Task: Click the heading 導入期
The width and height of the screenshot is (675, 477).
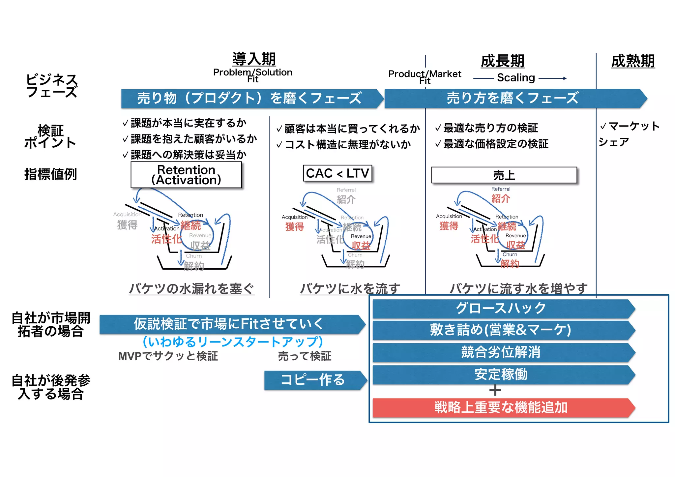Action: [x=254, y=59]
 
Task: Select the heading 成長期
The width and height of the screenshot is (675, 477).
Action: [x=502, y=61]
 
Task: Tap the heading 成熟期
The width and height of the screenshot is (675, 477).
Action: [x=633, y=61]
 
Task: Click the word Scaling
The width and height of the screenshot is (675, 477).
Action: [x=516, y=78]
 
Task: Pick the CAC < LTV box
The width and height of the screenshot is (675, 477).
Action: [x=337, y=173]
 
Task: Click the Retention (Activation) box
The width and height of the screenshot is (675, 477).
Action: [x=186, y=175]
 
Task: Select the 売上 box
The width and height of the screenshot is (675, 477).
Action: [x=504, y=175]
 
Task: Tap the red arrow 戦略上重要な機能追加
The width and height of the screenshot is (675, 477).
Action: [x=501, y=408]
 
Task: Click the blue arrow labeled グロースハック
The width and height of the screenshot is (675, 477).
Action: [x=501, y=309]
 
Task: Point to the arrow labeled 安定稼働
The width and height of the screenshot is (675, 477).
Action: [x=501, y=374]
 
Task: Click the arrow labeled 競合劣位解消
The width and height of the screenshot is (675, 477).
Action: [x=501, y=352]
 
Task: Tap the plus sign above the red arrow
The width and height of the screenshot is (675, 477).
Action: [x=495, y=391]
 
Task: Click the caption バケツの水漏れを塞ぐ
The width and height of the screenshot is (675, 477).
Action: [x=191, y=289]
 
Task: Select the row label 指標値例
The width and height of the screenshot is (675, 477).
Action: [x=50, y=174]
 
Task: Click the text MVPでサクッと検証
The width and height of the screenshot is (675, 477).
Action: [x=168, y=356]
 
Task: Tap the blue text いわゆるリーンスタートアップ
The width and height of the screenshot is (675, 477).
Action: [x=233, y=342]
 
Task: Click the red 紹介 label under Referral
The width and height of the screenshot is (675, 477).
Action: [x=501, y=199]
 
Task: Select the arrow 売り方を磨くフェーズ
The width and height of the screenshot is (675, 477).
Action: [x=513, y=98]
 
